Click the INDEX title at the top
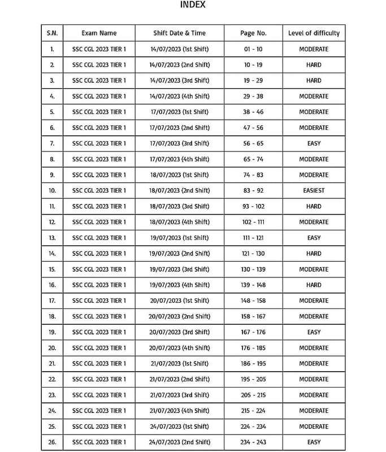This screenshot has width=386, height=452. [192, 5]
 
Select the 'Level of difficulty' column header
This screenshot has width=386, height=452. [314, 33]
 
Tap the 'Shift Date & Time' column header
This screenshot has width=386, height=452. [179, 33]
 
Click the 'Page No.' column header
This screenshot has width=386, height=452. [253, 33]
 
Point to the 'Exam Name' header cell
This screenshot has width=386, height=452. [99, 33]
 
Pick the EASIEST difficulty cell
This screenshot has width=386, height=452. [314, 190]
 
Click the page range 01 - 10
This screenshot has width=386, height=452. [253, 49]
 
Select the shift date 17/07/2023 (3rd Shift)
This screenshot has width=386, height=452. [179, 144]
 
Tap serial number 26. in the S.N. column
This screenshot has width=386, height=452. [52, 442]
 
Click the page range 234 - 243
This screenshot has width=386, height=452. [253, 442]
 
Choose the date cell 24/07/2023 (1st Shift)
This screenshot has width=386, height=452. [179, 427]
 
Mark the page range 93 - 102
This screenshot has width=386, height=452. [253, 206]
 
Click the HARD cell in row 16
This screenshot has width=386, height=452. [314, 285]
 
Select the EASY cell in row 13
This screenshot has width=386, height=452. [314, 238]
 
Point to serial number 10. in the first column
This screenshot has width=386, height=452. [52, 190]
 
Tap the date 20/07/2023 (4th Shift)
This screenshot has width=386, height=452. [179, 348]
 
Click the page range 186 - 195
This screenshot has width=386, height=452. [253, 363]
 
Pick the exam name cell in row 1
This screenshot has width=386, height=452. [99, 49]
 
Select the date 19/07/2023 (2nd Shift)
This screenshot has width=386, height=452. [179, 254]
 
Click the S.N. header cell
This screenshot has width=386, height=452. [52, 33]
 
